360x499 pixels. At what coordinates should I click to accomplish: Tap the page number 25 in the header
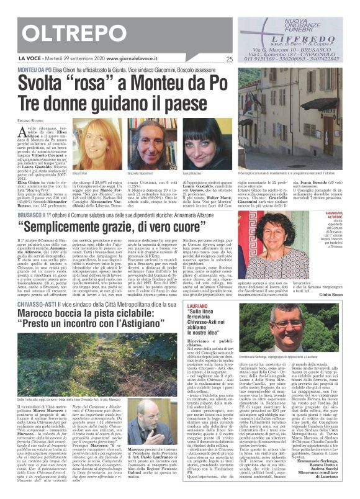coord(230,60)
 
